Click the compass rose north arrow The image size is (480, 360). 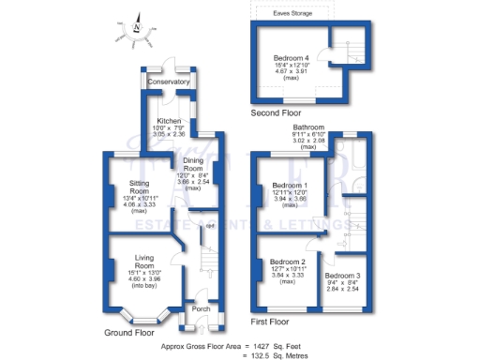pyautogui.click(x=137, y=25)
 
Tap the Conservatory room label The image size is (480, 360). pyautogui.click(x=169, y=82)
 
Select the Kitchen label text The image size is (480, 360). pyautogui.click(x=169, y=121)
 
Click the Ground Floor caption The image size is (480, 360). pyautogui.click(x=129, y=332)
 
